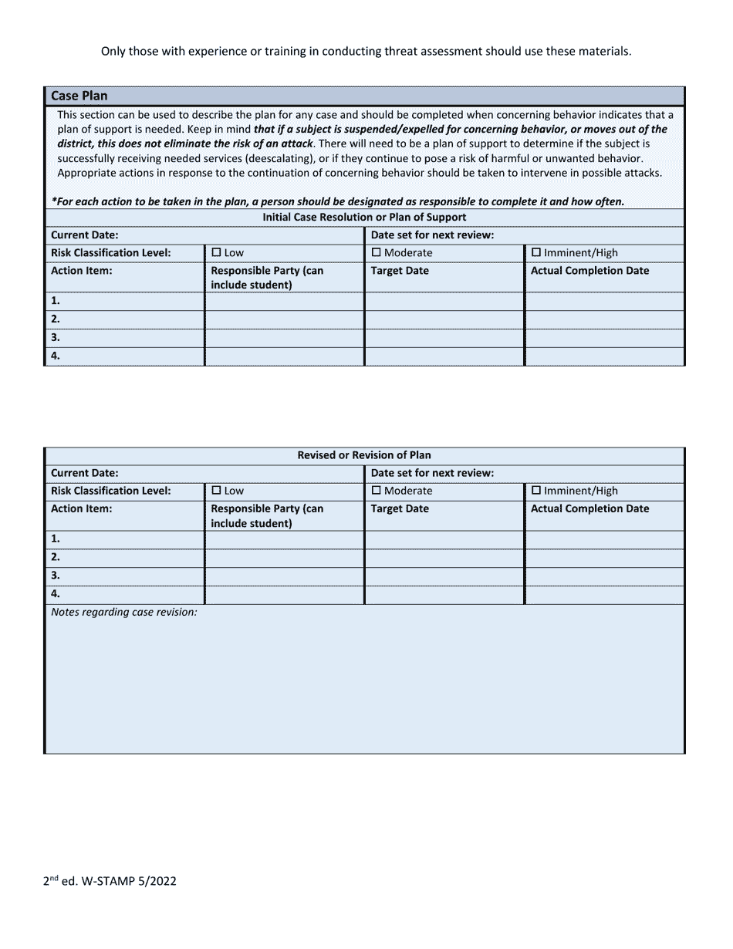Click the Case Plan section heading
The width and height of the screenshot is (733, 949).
[79, 96]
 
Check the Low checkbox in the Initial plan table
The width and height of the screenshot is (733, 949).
[216, 252]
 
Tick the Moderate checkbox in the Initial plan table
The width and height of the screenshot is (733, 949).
[377, 252]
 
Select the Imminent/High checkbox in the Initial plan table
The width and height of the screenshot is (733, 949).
[536, 252]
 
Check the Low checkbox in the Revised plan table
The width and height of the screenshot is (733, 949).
[216, 490]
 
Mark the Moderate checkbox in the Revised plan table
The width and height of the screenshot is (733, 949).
[377, 490]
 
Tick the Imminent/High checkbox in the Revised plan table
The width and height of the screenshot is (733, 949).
[536, 490]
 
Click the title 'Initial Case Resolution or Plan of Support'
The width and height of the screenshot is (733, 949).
[364, 217]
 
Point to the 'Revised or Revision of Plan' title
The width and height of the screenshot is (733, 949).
[364, 455]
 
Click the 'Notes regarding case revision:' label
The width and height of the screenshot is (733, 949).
[123, 612]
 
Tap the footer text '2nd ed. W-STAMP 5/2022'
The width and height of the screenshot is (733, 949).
[110, 881]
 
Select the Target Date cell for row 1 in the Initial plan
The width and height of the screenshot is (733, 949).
[444, 301]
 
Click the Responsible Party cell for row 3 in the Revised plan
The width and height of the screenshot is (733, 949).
[284, 576]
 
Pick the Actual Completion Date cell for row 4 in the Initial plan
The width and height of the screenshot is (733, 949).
[604, 356]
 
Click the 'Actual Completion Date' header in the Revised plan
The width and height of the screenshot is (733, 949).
[589, 508]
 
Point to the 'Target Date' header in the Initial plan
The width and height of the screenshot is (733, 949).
[400, 271]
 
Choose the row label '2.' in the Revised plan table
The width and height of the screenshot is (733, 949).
[56, 557]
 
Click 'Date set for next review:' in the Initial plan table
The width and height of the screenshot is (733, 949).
[432, 235]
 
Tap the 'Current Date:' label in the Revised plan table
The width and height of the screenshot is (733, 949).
[84, 473]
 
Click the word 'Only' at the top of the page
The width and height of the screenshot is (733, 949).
[114, 52]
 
